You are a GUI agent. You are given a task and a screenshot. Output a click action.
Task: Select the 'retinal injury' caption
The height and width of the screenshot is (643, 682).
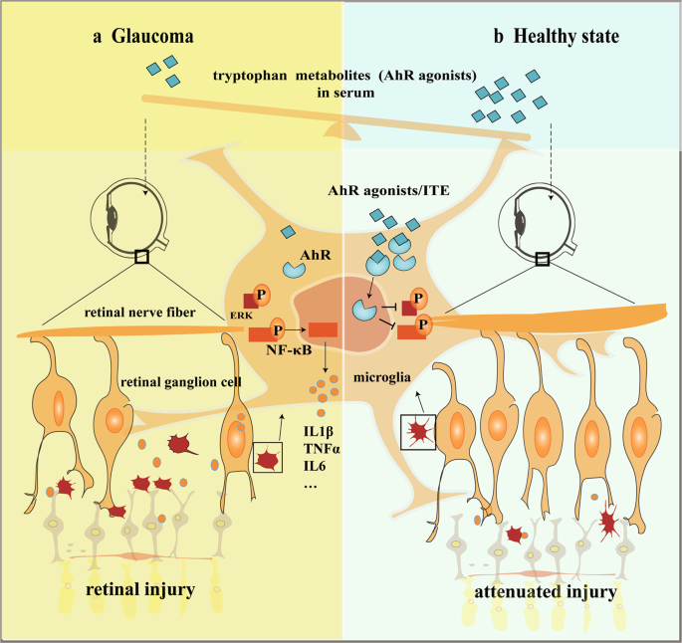click(x=139, y=591)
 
